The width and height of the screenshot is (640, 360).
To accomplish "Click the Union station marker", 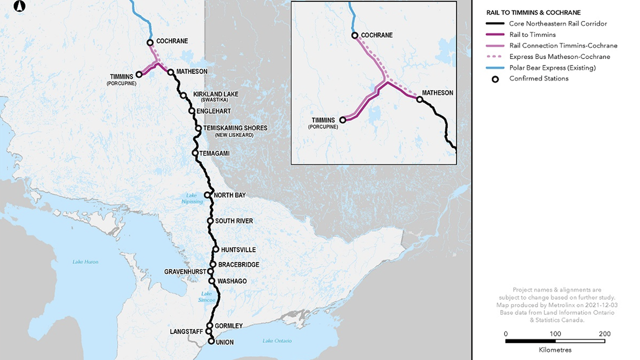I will click(x=211, y=342).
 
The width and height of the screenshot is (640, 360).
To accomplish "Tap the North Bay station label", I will click(x=229, y=195).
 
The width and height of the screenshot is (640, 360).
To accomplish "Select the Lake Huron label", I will click(x=85, y=262).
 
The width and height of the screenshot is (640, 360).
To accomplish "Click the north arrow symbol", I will click(x=19, y=6).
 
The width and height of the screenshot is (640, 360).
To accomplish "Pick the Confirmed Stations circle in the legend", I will click(x=495, y=78).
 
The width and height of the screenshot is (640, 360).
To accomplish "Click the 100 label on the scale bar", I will click(x=555, y=334).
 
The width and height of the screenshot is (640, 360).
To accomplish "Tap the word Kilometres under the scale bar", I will click(x=555, y=350).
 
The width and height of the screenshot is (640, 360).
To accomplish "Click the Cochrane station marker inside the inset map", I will click(x=354, y=35).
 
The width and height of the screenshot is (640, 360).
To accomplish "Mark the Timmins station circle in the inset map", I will click(x=342, y=120).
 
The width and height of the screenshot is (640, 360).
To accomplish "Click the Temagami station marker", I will click(x=195, y=153).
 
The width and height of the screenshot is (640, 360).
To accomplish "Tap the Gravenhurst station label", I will click(x=185, y=271).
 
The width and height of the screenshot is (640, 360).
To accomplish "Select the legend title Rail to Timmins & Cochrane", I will click(x=533, y=12).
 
